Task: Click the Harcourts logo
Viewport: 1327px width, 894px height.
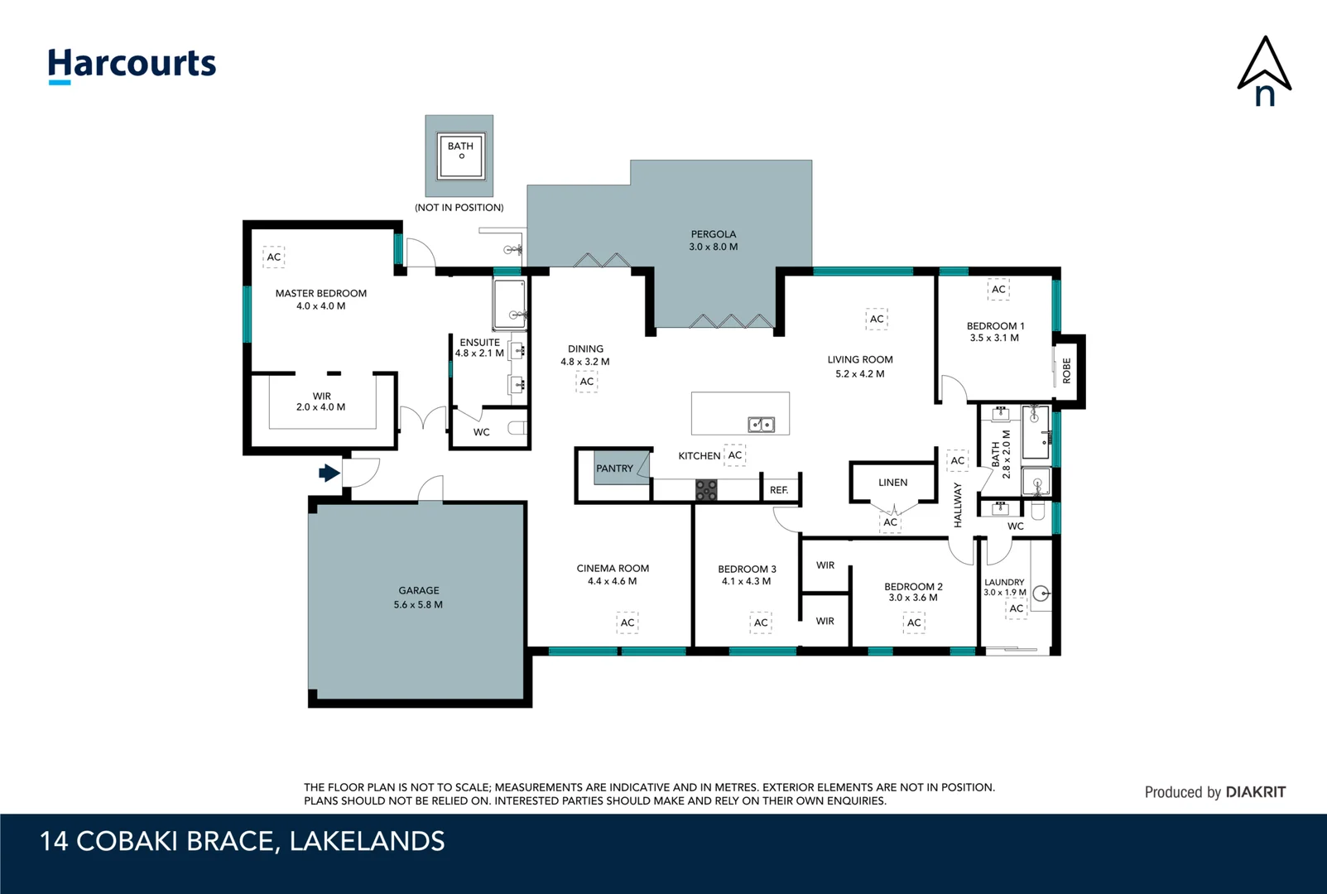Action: pyautogui.click(x=132, y=65)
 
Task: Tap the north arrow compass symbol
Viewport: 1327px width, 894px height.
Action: pyautogui.click(x=1264, y=71)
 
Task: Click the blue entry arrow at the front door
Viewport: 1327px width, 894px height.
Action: pyautogui.click(x=329, y=473)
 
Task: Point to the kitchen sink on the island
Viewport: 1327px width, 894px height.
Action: pyautogui.click(x=761, y=425)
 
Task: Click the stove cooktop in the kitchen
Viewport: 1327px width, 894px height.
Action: pyautogui.click(x=706, y=490)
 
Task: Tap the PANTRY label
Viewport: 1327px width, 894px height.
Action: pyautogui.click(x=614, y=469)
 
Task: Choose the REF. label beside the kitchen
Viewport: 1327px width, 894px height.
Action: pyautogui.click(x=779, y=490)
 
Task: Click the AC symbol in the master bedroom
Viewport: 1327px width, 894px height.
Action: pyautogui.click(x=274, y=257)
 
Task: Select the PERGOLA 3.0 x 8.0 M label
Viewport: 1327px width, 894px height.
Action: pyautogui.click(x=714, y=240)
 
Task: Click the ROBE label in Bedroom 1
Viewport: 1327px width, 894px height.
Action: pyautogui.click(x=1066, y=371)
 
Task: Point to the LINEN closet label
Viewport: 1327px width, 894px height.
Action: pyautogui.click(x=892, y=483)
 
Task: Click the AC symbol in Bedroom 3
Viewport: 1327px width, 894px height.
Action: pyautogui.click(x=761, y=622)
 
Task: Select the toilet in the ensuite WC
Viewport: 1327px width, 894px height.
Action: pyautogui.click(x=517, y=428)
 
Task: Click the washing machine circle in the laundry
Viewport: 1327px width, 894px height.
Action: pyautogui.click(x=1041, y=593)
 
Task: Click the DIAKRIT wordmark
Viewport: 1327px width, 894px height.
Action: pyautogui.click(x=1256, y=792)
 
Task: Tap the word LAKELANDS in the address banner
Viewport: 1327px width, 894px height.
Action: pyautogui.click(x=367, y=841)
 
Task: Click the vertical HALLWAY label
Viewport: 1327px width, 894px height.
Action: pyautogui.click(x=958, y=505)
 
